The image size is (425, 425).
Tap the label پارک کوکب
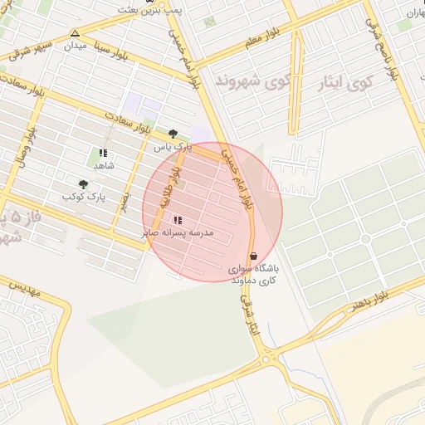click(x=85, y=197)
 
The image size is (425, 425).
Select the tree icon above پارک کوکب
click(x=83, y=183)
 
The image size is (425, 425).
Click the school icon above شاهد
click(x=103, y=153)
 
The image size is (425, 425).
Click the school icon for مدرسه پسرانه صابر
click(x=178, y=220)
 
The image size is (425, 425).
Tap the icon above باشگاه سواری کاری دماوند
click(x=253, y=256)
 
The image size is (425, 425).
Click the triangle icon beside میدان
click(x=76, y=33)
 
